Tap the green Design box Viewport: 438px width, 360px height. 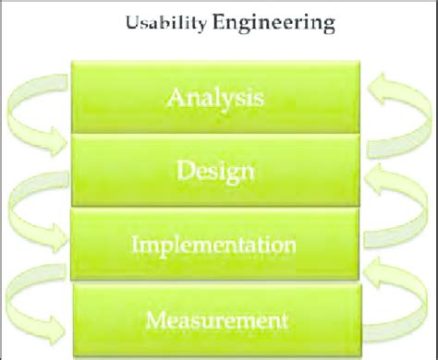click(212, 171)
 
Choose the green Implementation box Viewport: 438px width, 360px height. click(212, 246)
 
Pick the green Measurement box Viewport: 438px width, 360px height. click(212, 321)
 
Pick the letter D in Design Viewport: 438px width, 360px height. click(183, 171)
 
